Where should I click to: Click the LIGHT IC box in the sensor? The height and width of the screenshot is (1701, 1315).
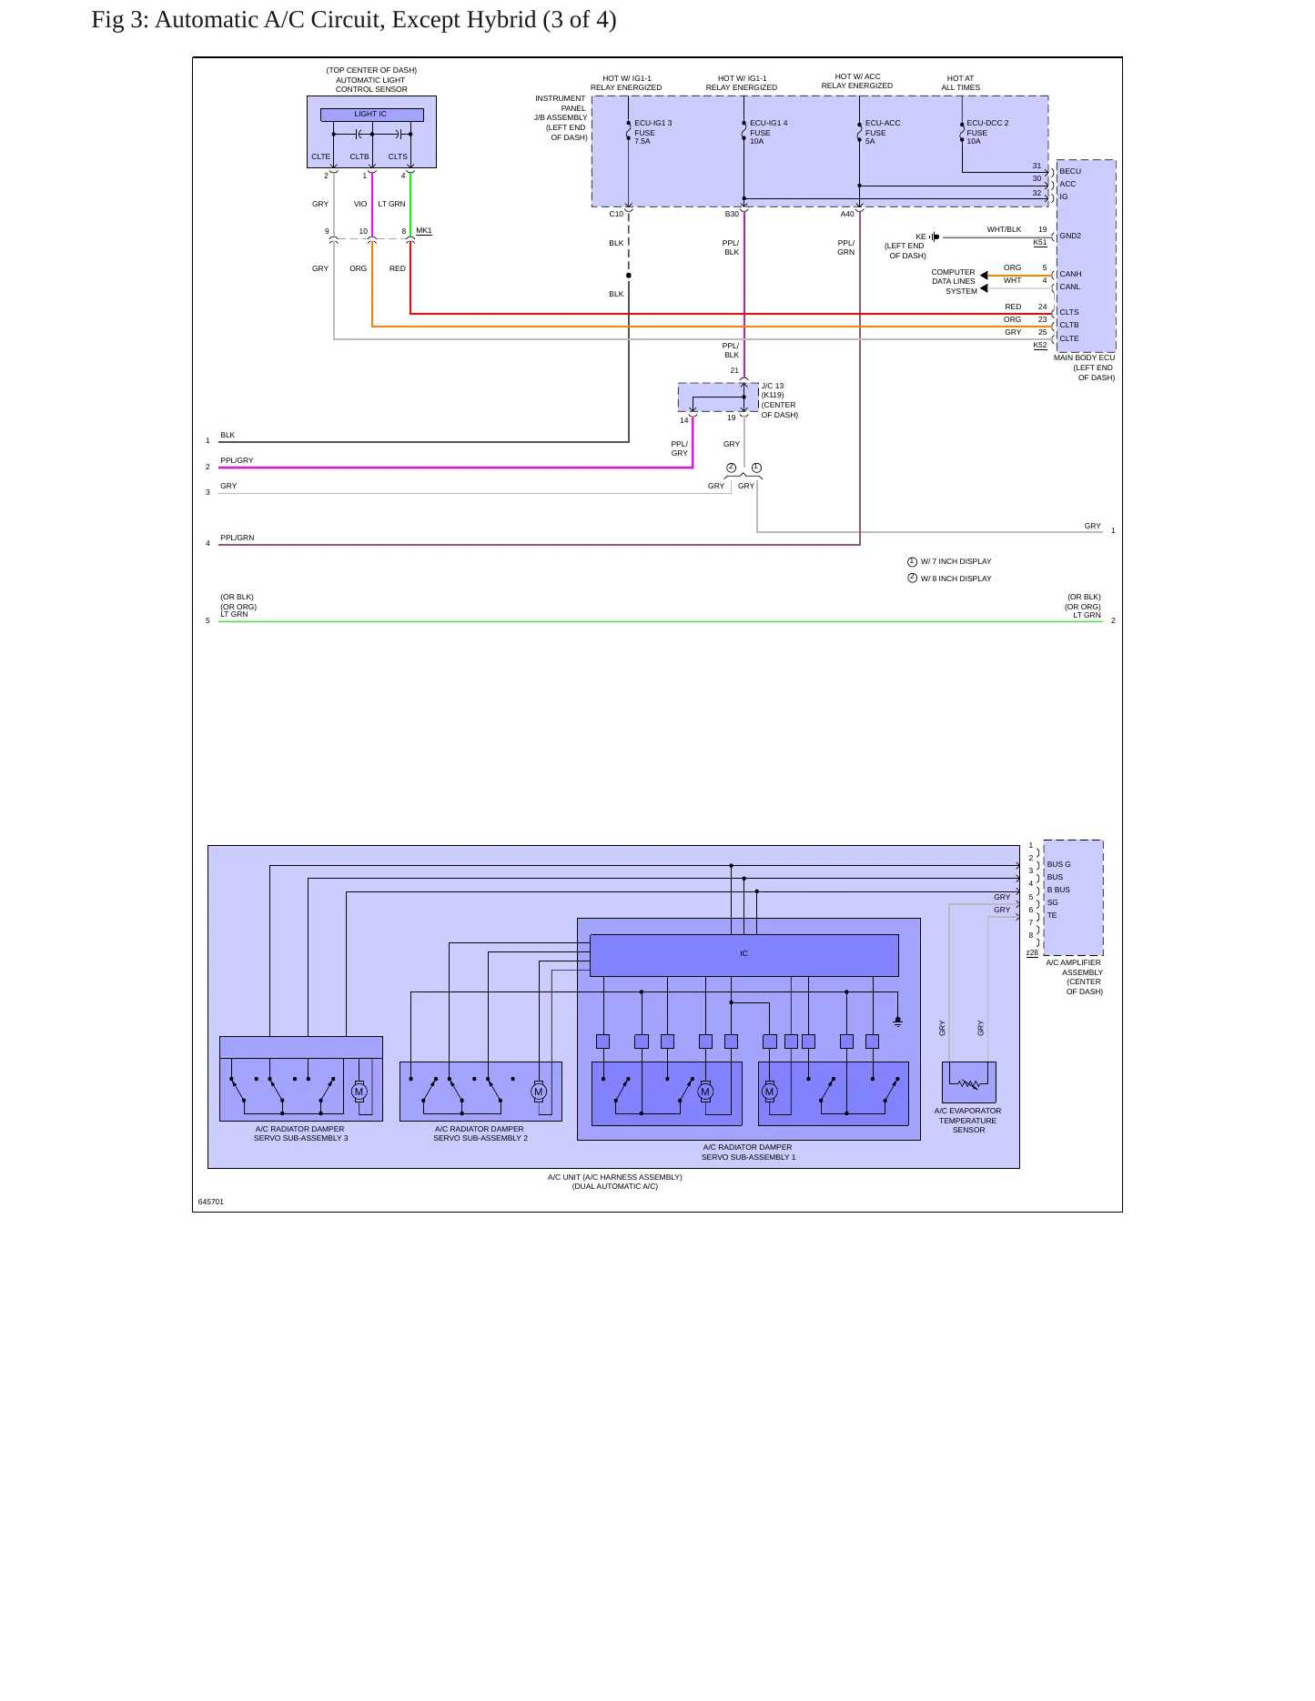(371, 115)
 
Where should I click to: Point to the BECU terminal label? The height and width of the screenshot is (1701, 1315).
(1070, 171)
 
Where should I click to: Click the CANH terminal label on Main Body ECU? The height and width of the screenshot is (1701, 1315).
(1070, 274)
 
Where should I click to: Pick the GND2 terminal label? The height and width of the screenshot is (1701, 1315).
(1070, 236)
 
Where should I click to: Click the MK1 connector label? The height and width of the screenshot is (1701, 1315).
(424, 231)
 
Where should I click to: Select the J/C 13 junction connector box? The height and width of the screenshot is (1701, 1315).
(718, 398)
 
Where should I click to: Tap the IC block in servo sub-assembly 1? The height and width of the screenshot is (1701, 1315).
(743, 954)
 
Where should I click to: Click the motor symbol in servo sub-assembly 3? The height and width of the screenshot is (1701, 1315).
(359, 1092)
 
